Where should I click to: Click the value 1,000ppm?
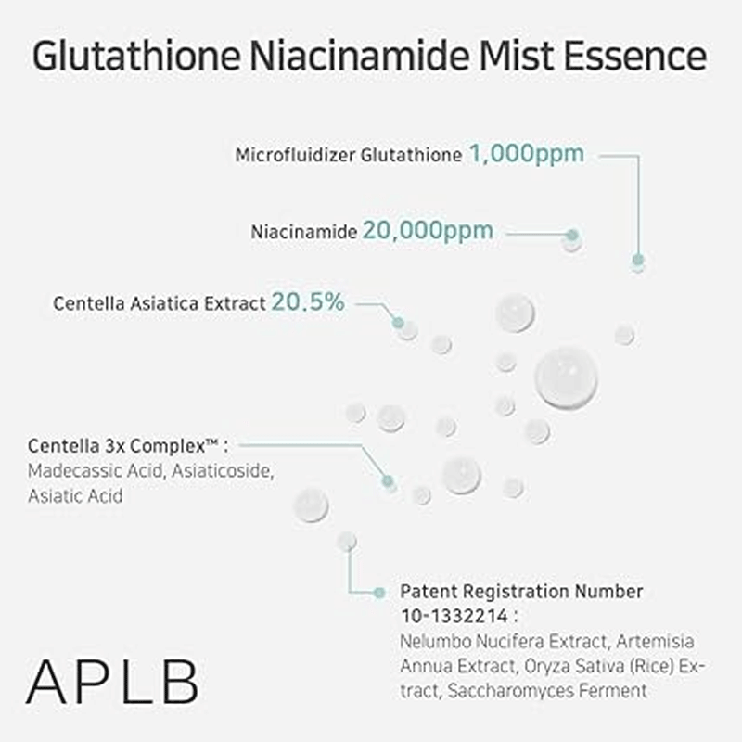pos(526,153)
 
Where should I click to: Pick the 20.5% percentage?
pos(308,301)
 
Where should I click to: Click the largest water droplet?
pos(566,377)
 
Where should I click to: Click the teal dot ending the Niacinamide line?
pos(572,236)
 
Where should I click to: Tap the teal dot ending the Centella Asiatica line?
pos(398,323)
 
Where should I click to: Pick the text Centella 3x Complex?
pos(118,446)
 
